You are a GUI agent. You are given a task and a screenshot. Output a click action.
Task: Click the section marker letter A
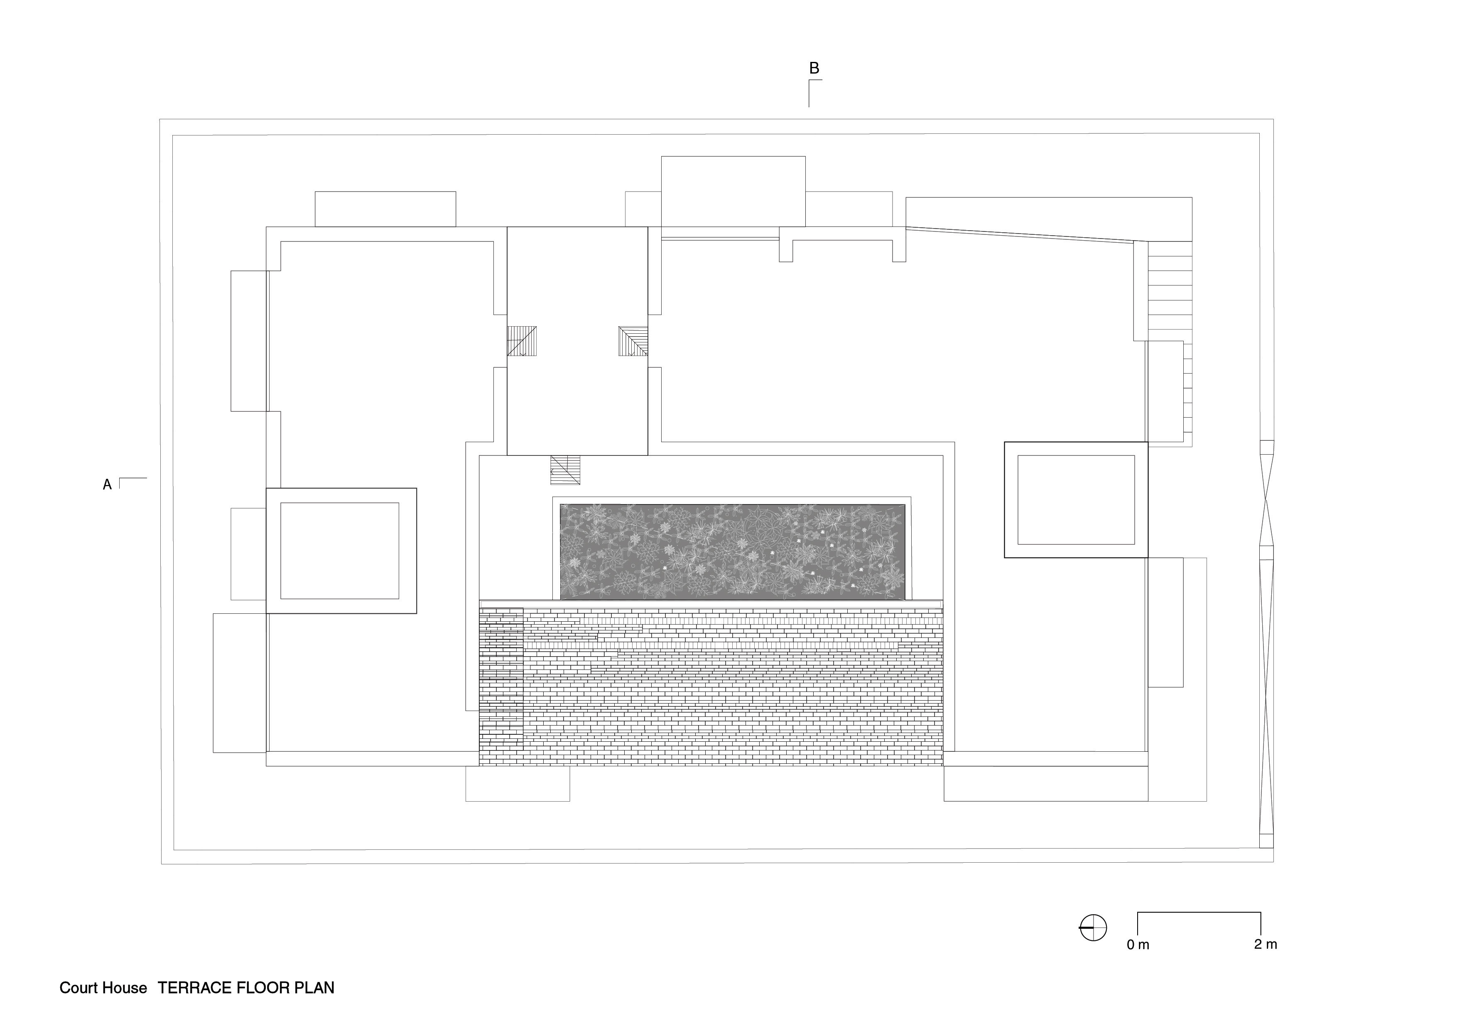[x=107, y=485]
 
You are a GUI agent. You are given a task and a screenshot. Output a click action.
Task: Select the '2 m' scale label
[x=1266, y=945]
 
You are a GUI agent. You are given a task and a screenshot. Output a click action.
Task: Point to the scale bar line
[x=1199, y=913]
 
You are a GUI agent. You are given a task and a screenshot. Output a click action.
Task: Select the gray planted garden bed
[x=732, y=552]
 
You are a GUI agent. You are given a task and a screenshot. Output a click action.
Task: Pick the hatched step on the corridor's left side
[x=522, y=341]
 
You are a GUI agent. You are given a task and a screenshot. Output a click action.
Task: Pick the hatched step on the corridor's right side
[x=633, y=341]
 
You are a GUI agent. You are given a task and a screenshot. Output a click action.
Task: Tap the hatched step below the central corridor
[x=565, y=470]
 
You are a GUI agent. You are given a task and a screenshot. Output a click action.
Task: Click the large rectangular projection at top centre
[x=733, y=192]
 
